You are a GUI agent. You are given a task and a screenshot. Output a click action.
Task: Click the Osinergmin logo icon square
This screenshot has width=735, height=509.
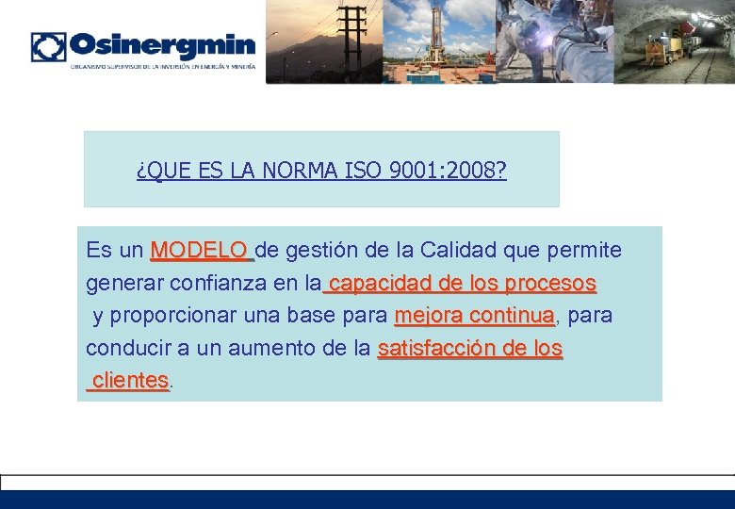pos(48,47)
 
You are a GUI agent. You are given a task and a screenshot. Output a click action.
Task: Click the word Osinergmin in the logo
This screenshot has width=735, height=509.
pos(162,46)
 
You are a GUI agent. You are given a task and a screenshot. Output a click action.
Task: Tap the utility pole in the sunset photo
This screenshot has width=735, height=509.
pos(354,38)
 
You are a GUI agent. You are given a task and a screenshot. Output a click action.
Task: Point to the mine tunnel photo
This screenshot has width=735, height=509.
pos(675,41)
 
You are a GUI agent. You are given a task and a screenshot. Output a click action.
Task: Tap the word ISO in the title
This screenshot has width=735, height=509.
pos(364,171)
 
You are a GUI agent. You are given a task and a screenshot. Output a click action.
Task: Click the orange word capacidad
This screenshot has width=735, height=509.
pos(381,283)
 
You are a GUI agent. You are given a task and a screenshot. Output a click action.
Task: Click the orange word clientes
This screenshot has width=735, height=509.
pos(130,381)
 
